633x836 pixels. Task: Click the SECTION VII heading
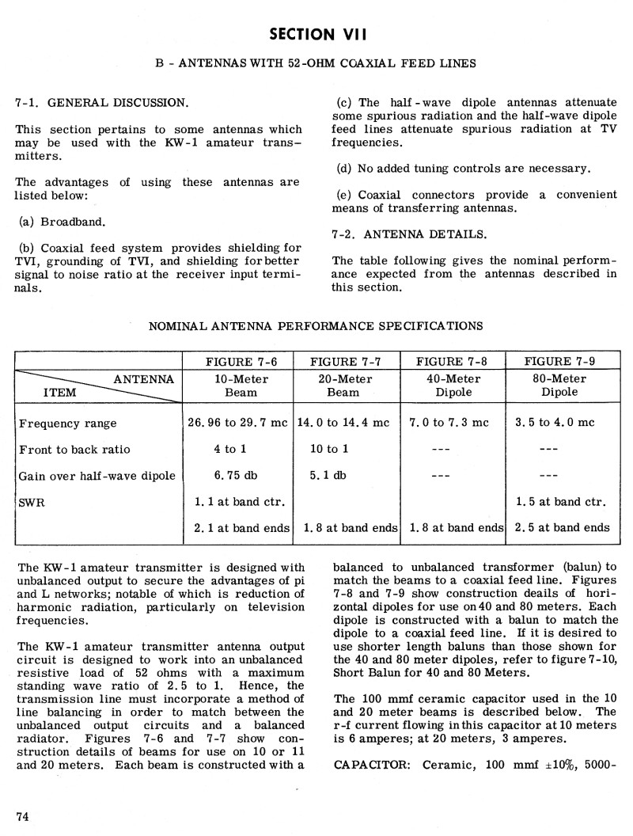coord(316,34)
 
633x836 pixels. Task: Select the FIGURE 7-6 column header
coord(241,362)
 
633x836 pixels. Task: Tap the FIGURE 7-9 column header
coord(559,362)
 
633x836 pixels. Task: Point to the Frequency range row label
coord(68,424)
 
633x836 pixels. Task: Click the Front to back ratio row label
coord(74,450)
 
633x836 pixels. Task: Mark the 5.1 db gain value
coord(324,476)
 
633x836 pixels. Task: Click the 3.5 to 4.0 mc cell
coord(554,423)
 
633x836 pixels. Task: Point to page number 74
coord(23,818)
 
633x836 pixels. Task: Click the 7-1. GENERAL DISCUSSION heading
coord(102,103)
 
